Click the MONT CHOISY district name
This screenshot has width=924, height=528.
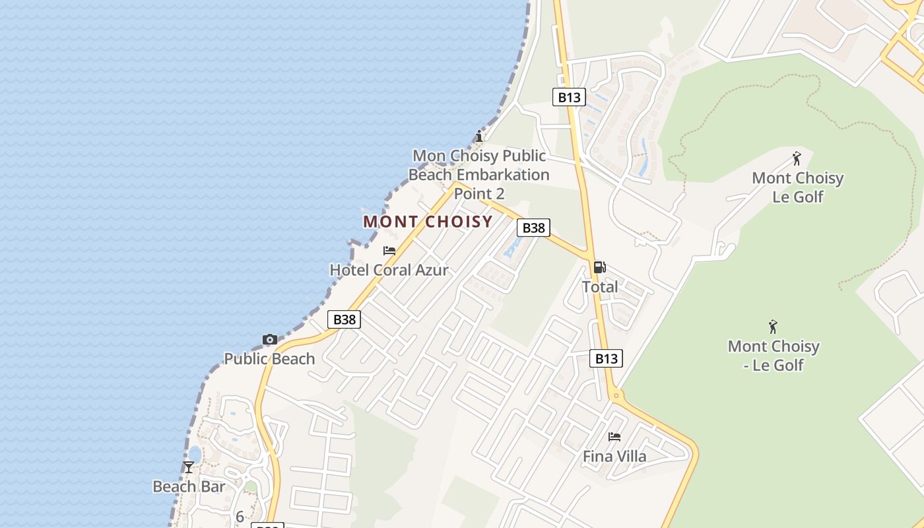428,222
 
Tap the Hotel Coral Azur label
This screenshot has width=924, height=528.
389,270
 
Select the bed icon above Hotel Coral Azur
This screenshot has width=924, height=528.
389,251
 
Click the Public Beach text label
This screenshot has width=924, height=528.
269,359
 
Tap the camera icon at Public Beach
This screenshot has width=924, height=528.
269,340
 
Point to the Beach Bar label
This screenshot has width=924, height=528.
189,487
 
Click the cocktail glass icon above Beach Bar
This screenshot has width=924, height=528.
189,467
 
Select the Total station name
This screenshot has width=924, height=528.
600,287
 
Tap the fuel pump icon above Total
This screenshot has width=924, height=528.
599,267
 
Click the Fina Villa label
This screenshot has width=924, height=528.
614,456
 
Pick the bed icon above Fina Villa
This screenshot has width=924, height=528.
614,437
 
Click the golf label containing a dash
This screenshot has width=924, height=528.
774,355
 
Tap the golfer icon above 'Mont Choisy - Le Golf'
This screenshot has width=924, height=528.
774,327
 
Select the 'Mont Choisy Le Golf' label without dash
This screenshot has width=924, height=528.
798,187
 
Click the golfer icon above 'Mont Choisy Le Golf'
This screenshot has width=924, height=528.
797,159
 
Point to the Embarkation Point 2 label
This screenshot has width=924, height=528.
479,175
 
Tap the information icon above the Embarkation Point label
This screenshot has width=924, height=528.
479,137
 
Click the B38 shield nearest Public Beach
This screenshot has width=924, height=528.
344,320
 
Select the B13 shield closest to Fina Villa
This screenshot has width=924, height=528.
605,358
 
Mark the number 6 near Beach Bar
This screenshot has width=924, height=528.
240,517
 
